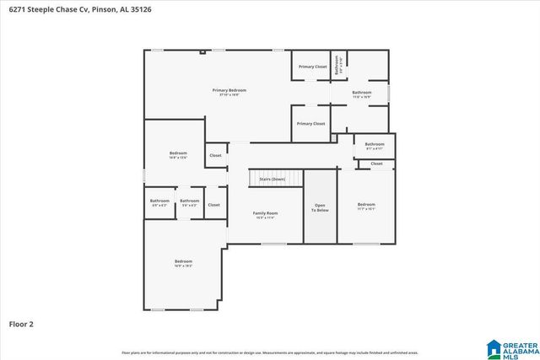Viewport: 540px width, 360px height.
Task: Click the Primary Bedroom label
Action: [x=229, y=90]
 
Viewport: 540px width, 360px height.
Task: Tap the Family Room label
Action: [x=266, y=213]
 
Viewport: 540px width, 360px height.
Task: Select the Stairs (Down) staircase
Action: [x=266, y=179]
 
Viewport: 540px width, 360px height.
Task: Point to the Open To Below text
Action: [x=320, y=207]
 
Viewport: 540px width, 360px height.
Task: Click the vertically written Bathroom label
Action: [x=337, y=65]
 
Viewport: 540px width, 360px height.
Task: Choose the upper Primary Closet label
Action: [x=311, y=67]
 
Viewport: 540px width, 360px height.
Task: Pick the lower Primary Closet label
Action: [x=310, y=124]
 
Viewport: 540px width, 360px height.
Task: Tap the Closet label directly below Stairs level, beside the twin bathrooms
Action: [x=214, y=205]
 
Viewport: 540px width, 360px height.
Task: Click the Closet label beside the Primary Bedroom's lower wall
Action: [x=216, y=155]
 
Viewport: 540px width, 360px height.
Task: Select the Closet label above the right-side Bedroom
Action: [x=376, y=164]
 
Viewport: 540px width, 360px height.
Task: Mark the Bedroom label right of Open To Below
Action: [x=365, y=205]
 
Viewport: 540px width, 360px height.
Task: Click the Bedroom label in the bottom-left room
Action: [x=183, y=261]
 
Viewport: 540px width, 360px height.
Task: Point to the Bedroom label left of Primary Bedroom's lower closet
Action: [x=178, y=153]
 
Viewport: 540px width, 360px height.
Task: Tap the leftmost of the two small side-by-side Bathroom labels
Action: [x=160, y=201]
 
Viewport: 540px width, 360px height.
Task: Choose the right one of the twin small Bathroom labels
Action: [x=189, y=201]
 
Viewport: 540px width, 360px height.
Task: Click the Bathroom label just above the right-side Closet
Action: [x=375, y=144]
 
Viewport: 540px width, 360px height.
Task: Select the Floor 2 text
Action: [x=21, y=324]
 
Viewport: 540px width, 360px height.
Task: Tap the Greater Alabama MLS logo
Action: [x=511, y=347]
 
